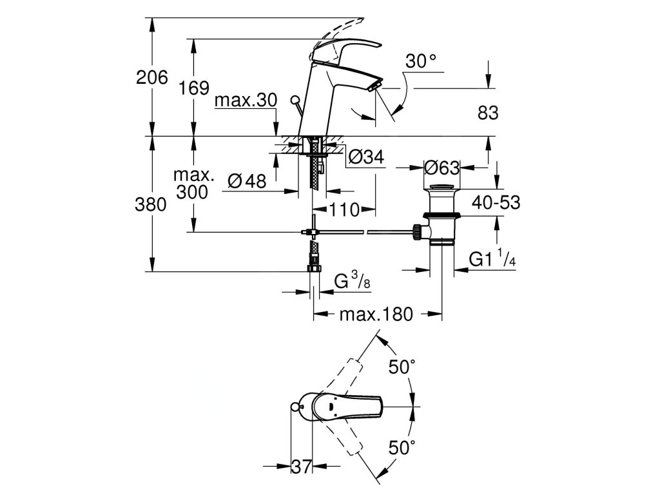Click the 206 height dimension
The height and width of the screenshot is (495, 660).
pos(152,77)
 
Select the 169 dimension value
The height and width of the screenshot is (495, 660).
pos(193,88)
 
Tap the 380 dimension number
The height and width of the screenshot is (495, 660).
pos(151,204)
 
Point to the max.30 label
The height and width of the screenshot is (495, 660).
pos(246,101)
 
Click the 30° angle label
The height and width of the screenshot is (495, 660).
pos(420,61)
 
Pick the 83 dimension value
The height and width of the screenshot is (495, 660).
pos(489,113)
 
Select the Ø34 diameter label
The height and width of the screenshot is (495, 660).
pos(367,157)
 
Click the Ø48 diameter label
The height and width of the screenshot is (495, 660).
pos(247,181)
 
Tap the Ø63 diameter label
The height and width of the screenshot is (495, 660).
pos(442,168)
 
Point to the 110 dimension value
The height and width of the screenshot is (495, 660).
pos(345,209)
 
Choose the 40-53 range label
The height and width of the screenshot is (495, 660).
pos(496,202)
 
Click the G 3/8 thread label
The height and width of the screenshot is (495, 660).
pos(353,281)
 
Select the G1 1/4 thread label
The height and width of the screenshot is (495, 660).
pos(492,258)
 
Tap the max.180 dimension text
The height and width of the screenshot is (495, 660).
pos(376,314)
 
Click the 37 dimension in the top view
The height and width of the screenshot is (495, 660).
pos(302,467)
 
